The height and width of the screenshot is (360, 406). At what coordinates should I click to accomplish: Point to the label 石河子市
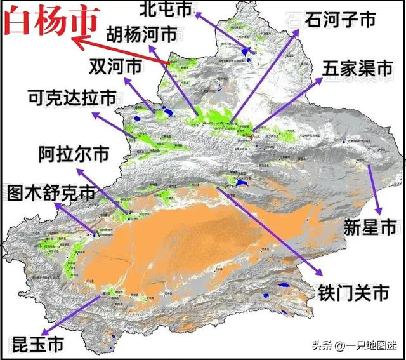point(340,20)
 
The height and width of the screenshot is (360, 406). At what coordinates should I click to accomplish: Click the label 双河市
point(115,65)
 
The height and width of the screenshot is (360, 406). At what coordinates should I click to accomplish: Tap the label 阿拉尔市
point(74,154)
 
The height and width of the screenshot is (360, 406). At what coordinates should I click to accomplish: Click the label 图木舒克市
point(53,193)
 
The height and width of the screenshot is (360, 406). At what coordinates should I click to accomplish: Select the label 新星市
point(370,226)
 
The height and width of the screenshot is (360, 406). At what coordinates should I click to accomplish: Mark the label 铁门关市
point(353,293)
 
